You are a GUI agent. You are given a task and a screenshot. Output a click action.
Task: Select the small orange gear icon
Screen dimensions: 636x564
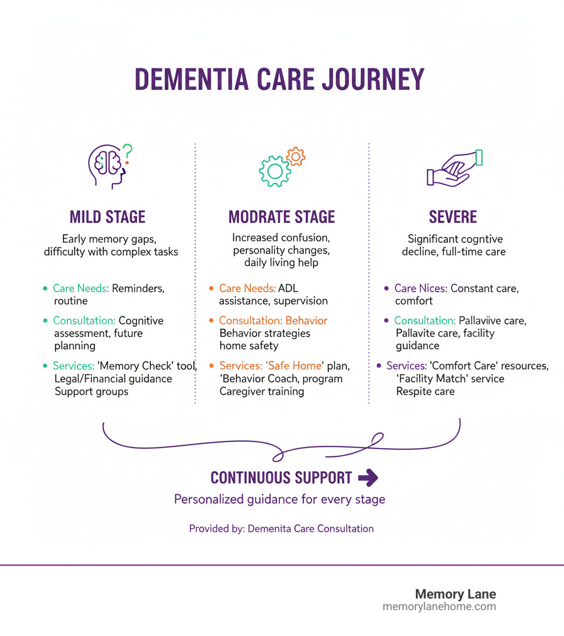point(296,157)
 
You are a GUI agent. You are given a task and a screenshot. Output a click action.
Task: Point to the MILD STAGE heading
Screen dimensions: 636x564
point(107,217)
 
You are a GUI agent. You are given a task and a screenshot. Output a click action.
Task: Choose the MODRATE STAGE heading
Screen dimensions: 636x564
point(281,217)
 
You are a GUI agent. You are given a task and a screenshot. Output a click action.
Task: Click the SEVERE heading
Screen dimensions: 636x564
point(453,217)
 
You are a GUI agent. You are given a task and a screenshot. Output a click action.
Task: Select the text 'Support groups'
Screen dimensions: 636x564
point(91,392)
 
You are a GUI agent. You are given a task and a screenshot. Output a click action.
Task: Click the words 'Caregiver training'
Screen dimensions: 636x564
point(262,391)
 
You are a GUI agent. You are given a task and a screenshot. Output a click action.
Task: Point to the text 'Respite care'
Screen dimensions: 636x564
point(425,391)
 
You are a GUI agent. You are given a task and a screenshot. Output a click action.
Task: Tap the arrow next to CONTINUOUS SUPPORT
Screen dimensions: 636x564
point(368,478)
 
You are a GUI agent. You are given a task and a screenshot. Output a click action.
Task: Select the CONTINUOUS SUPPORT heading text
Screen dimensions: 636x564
point(281,478)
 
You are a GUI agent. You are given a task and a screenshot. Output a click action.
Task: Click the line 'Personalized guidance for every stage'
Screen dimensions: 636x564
point(279,499)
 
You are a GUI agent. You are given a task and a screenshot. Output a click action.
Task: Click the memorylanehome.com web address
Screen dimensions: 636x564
point(439,607)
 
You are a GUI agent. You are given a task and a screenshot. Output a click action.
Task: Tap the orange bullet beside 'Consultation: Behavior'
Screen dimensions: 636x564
point(211,321)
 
